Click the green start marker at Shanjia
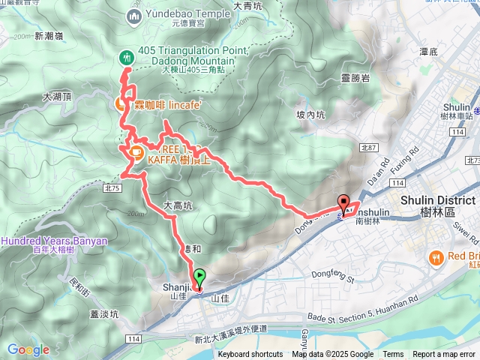[x=199, y=277]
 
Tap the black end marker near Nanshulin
[x=344, y=202]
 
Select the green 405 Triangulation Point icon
[x=126, y=57]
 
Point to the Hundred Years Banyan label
[x=54, y=241]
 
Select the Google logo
[x=28, y=349]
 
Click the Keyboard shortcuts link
[x=250, y=355]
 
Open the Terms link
[x=393, y=355]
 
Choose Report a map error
[x=444, y=355]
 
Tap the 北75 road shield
[x=113, y=188]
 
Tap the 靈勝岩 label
[x=355, y=78]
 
